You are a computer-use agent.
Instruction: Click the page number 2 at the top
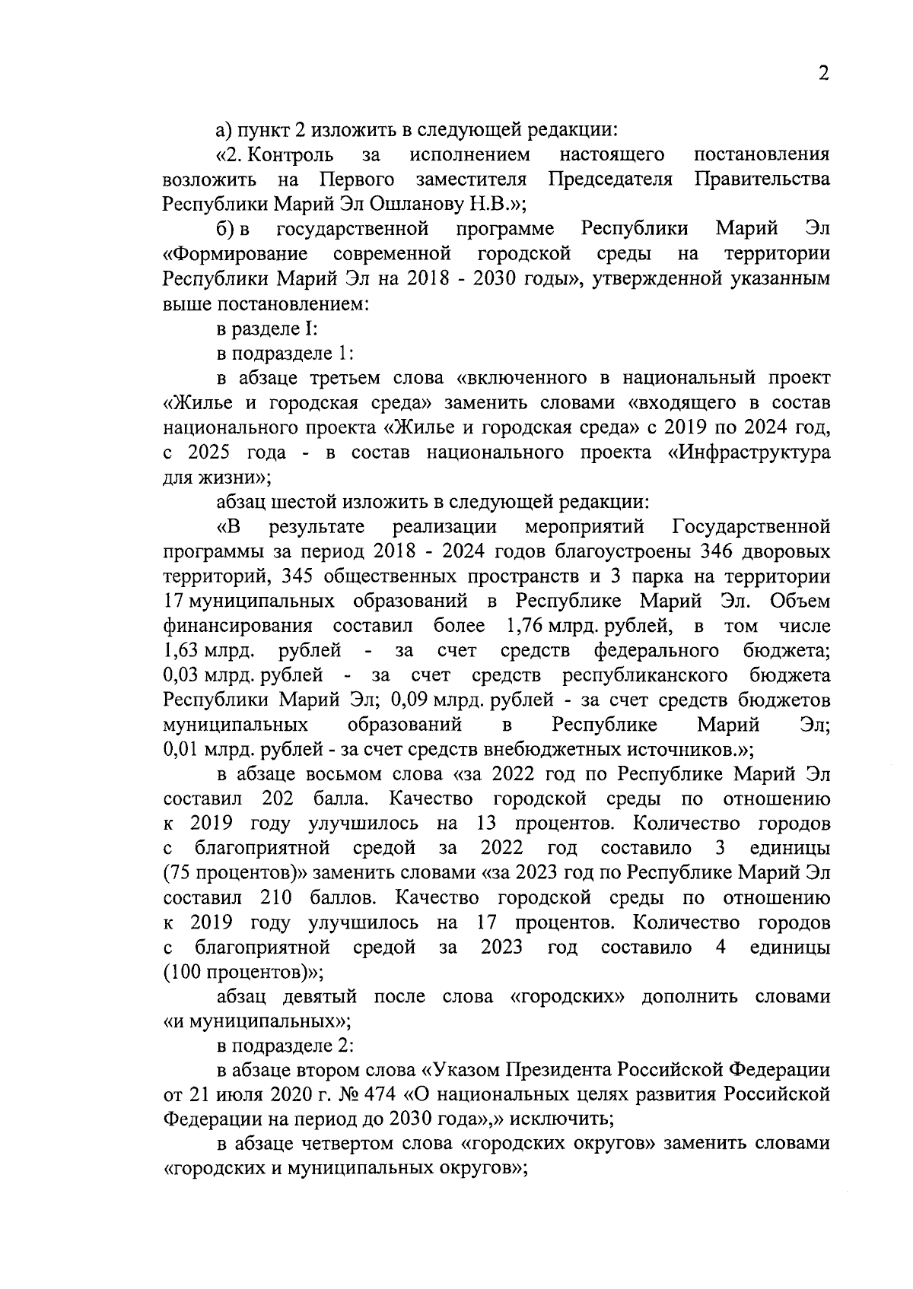pos(822,74)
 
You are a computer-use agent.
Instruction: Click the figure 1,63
pos(181,651)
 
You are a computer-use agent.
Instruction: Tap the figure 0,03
pos(181,676)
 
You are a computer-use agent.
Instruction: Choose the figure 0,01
pos(181,750)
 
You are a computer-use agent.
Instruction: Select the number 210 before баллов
pos(278,899)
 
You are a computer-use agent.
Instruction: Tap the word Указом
pos(461,1072)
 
